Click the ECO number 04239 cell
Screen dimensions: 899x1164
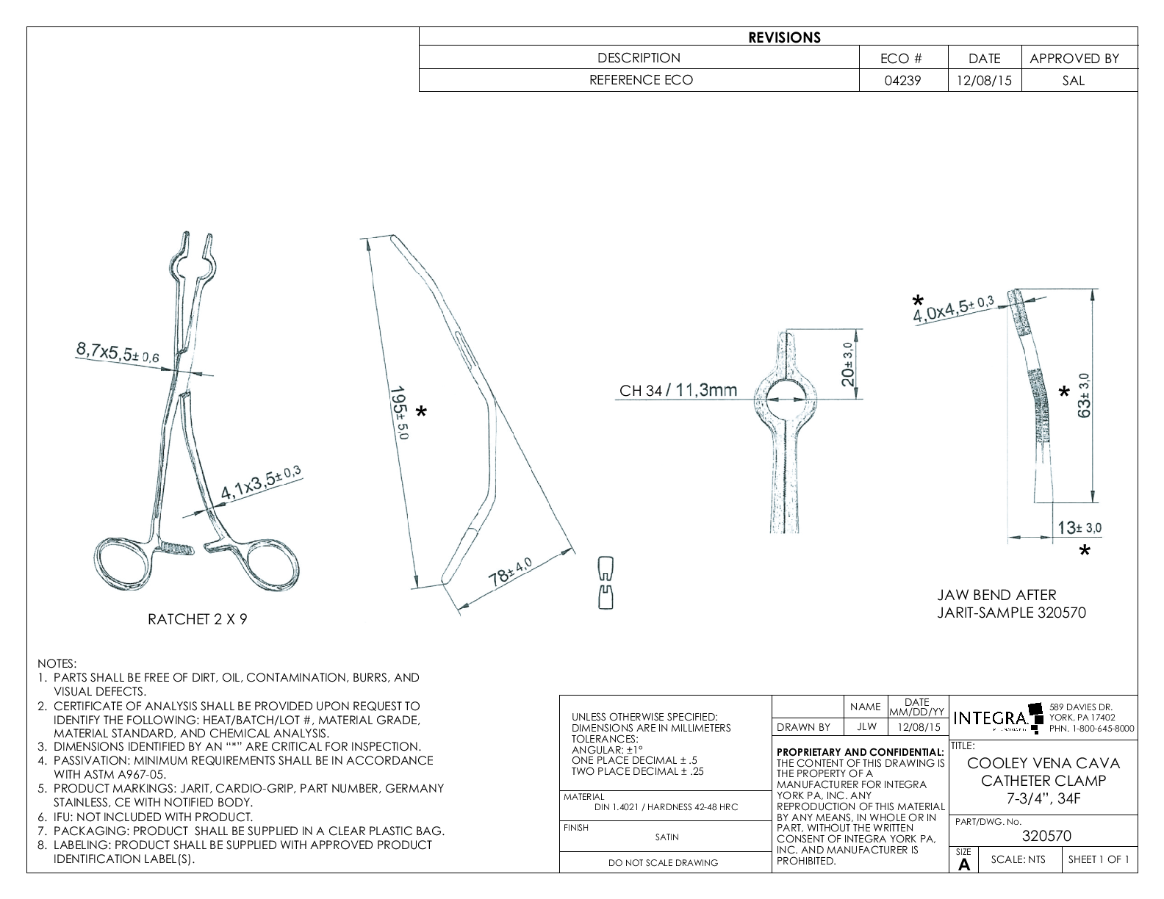903,81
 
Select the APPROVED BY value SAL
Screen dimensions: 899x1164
1073,81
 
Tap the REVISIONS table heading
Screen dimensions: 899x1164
784,37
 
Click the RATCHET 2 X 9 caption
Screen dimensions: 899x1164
198,619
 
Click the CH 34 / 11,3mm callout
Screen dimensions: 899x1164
678,390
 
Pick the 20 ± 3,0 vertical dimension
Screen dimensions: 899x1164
848,364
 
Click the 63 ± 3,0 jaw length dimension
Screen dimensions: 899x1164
1085,394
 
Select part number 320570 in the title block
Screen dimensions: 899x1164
1046,836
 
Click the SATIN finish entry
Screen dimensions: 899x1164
667,837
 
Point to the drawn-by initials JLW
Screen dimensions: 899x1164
866,727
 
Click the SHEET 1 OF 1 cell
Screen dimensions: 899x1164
1099,859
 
